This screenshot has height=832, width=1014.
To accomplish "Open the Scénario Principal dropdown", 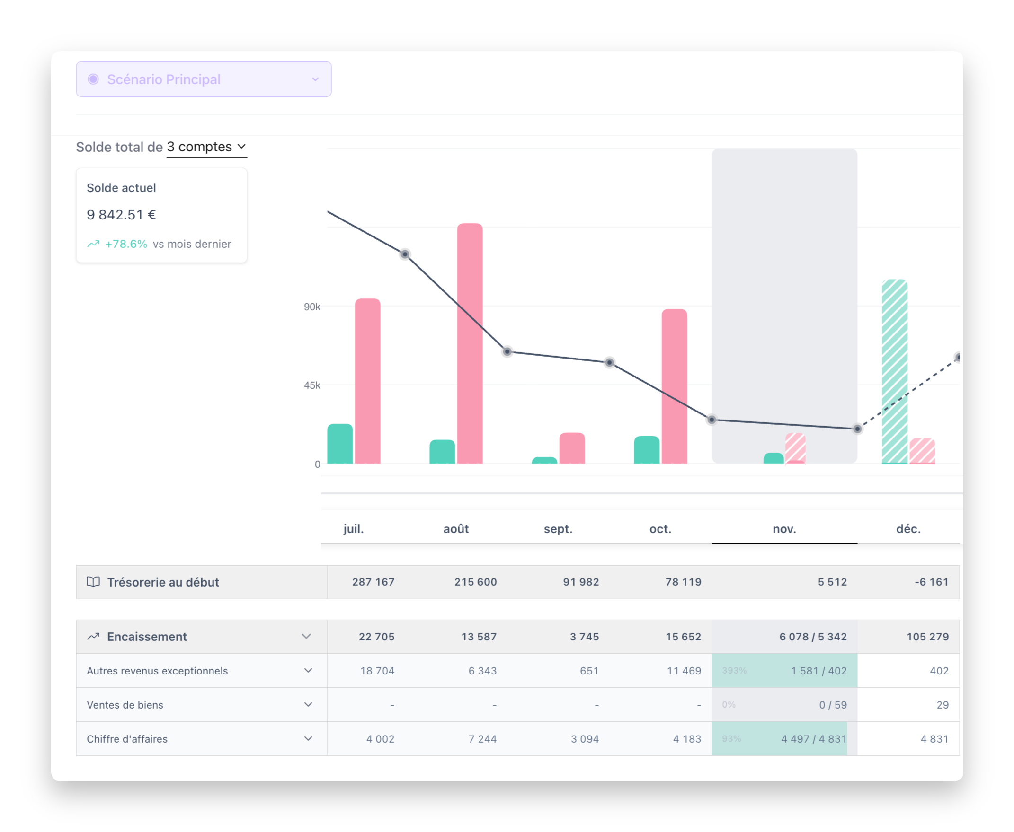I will point(204,79).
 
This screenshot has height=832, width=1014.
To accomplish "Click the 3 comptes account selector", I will point(206,147).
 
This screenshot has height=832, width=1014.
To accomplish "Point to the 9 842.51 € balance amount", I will point(121,215).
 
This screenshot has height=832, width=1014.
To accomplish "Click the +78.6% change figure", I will point(126,244).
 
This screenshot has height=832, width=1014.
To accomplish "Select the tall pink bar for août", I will point(470,343).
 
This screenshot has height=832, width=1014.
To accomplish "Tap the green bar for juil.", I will point(340,444).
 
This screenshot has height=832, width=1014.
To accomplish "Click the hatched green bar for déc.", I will point(895,371).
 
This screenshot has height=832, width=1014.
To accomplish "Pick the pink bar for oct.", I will point(674,386).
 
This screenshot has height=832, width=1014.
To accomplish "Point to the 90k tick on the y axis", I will point(312,307).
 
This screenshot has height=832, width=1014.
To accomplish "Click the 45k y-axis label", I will point(312,385).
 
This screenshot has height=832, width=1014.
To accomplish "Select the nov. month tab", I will point(784,529).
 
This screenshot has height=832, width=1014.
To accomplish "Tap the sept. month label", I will point(558,529).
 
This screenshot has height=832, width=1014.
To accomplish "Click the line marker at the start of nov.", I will point(712,420).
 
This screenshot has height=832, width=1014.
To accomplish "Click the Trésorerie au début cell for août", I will point(475,582).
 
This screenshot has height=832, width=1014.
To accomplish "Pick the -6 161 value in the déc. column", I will point(931,582).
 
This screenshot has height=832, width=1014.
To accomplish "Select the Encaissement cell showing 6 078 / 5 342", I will point(812,637).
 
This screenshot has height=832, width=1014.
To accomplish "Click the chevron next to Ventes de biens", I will point(308,704).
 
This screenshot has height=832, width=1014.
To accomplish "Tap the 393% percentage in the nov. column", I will point(734,671).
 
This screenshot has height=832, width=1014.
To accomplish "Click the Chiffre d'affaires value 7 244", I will point(482,738).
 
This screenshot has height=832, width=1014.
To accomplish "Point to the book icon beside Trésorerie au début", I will point(93,582).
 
